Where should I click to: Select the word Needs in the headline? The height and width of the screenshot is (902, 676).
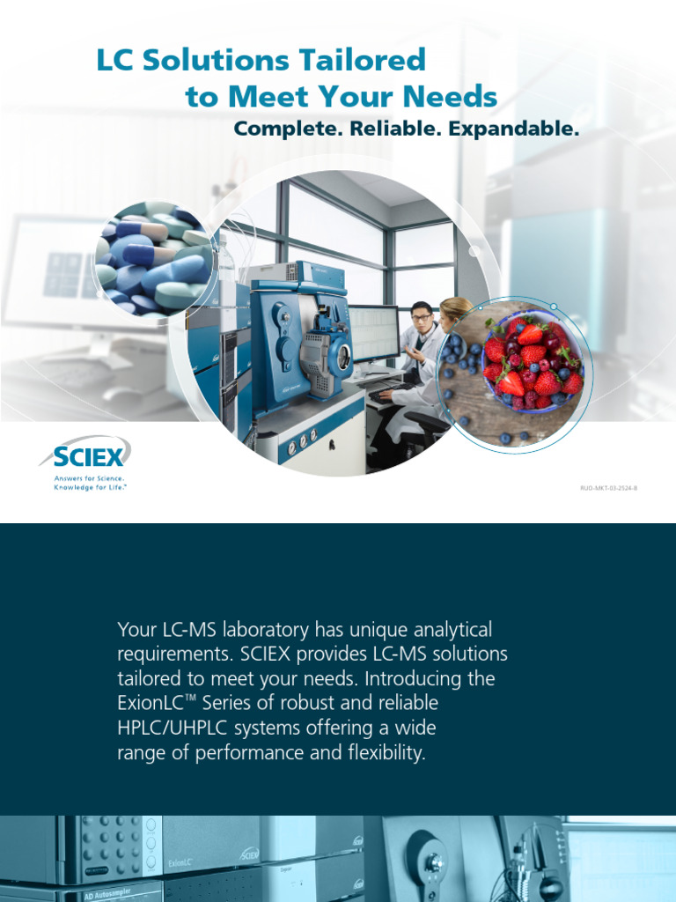point(455,96)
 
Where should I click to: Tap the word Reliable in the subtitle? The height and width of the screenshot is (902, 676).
point(395,129)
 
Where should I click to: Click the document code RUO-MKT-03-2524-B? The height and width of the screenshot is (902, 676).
point(607,486)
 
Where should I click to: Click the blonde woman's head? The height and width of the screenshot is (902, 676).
point(455,310)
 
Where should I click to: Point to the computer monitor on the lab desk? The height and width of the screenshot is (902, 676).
point(374,333)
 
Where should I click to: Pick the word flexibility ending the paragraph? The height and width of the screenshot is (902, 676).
point(380,753)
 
